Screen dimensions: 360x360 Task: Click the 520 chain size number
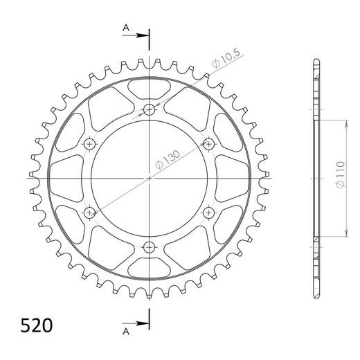[37, 325]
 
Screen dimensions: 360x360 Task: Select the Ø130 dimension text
[168, 159]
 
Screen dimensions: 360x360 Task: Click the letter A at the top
[126, 28]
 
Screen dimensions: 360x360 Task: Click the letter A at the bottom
[126, 332]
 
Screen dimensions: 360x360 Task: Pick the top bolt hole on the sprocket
[149, 109]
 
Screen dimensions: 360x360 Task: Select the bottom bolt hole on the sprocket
[149, 247]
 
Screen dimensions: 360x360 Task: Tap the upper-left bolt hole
[89, 144]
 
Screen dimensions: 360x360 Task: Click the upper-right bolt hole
[209, 144]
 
